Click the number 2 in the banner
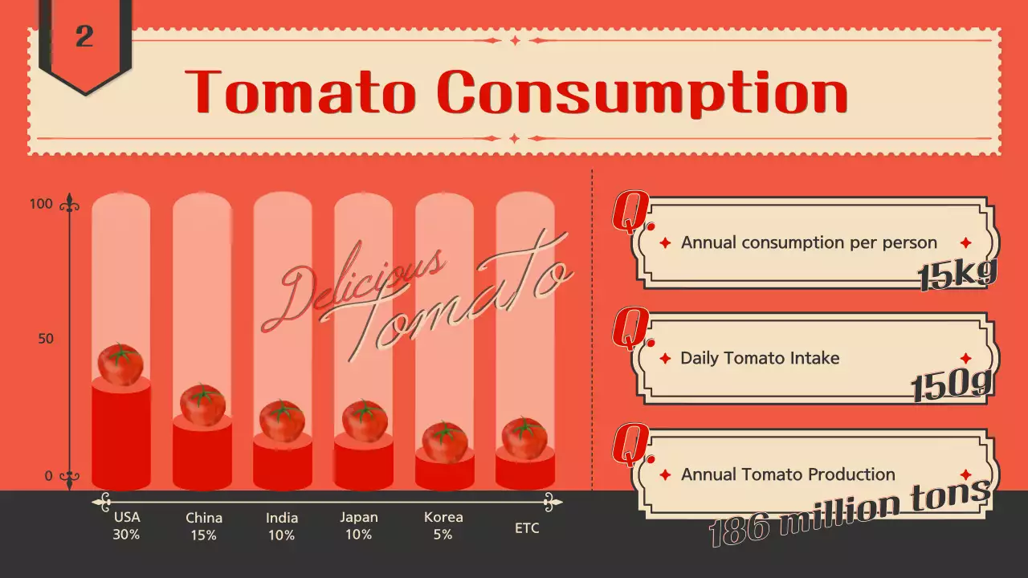coord(84,37)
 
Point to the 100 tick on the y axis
coord(41,204)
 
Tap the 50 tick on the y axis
coord(46,339)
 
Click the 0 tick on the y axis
coord(48,476)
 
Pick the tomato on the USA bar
coord(120,364)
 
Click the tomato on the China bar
coord(202,405)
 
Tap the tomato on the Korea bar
coord(445,442)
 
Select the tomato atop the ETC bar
coord(524,438)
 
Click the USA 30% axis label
coord(127,525)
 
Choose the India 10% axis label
coord(282,526)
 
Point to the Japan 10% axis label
coord(358,525)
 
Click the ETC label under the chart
coord(527,528)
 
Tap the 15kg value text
coord(957,275)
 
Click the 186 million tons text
coord(850,514)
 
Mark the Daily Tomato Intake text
coord(760,358)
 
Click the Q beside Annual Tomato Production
coord(629,445)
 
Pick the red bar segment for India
coord(282,464)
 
